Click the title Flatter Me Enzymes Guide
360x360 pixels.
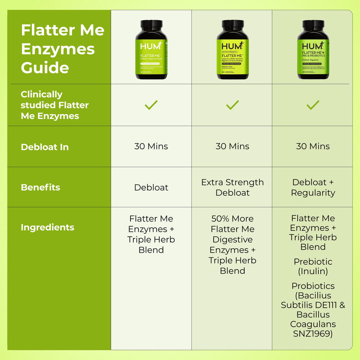pyautogui.click(x=63, y=49)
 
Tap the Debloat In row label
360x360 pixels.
pyautogui.click(x=45, y=147)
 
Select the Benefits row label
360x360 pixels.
pyautogui.click(x=40, y=187)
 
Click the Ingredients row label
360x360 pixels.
pyautogui.click(x=47, y=227)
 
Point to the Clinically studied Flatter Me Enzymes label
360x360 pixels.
pyautogui.click(x=55, y=105)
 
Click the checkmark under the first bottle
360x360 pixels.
pyautogui.click(x=151, y=105)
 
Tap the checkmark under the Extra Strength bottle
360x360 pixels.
pyautogui.click(x=232, y=105)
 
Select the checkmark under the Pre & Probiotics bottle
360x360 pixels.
pyautogui.click(x=313, y=105)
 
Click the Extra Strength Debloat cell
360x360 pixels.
pyautogui.click(x=232, y=188)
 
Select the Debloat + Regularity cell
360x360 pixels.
pyautogui.click(x=313, y=188)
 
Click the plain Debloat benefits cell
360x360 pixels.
pyautogui.click(x=151, y=188)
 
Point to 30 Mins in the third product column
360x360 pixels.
pyautogui.click(x=313, y=146)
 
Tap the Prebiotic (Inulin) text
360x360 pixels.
pyautogui.click(x=313, y=266)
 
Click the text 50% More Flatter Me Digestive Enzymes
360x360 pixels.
pyautogui.click(x=232, y=234)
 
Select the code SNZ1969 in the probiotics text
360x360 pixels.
pyautogui.click(x=313, y=334)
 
